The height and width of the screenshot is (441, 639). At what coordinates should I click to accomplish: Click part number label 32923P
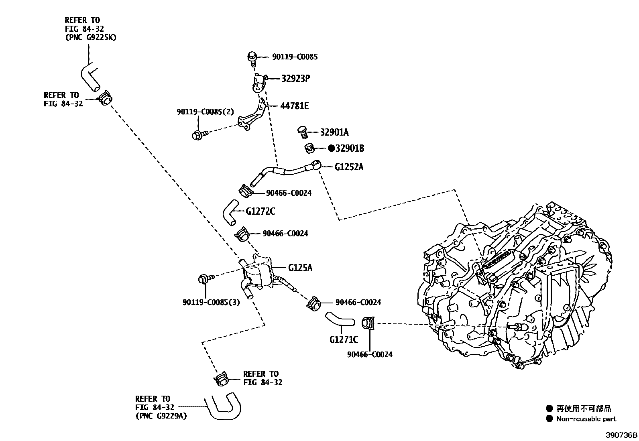295,78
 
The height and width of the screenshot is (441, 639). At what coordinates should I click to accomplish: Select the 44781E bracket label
294,106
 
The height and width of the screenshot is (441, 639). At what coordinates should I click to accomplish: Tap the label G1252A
349,167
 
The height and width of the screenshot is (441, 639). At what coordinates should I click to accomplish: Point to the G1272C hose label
260,211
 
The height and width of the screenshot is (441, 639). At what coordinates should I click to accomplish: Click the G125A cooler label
300,267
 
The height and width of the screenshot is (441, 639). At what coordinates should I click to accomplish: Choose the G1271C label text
344,340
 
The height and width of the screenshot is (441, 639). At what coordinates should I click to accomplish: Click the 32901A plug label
334,132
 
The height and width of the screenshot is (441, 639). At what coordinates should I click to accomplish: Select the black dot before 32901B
331,148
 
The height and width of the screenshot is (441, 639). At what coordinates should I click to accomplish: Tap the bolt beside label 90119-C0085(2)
198,135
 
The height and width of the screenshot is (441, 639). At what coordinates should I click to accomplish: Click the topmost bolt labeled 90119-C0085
252,57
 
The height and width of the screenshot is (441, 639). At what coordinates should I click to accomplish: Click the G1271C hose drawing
340,319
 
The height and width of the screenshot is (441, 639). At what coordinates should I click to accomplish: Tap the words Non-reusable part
586,419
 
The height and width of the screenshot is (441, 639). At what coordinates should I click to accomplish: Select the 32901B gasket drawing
308,148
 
